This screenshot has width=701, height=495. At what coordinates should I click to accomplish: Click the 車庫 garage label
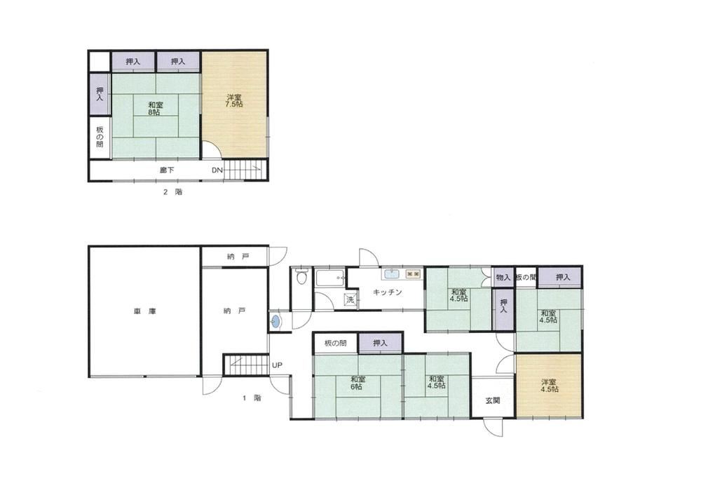pyautogui.click(x=145, y=311)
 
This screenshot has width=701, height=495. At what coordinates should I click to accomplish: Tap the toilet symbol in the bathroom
pyautogui.click(x=301, y=277)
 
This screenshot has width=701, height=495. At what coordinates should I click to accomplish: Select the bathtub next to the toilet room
pyautogui.click(x=330, y=278)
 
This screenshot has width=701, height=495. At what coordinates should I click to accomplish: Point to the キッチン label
pyautogui.click(x=387, y=292)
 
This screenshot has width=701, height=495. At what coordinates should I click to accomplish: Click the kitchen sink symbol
pyautogui.click(x=392, y=273)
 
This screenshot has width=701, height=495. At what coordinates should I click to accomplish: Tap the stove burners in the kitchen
pyautogui.click(x=413, y=273)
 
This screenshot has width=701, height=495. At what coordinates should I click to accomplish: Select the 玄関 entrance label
pyautogui.click(x=492, y=400)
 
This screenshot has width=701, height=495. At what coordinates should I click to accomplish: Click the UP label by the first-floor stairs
pyautogui.click(x=277, y=365)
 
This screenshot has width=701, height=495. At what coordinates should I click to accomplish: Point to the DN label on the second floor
pyautogui.click(x=217, y=170)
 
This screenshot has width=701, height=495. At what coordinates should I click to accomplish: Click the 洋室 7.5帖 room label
pyautogui.click(x=234, y=100)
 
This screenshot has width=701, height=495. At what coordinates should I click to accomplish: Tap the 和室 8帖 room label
pyautogui.click(x=156, y=109)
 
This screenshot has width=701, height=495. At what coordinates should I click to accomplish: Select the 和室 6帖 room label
pyautogui.click(x=358, y=384)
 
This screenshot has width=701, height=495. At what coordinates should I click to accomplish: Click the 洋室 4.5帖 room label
pyautogui.click(x=549, y=386)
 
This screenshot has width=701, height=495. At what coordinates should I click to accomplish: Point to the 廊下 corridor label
pyautogui.click(x=167, y=170)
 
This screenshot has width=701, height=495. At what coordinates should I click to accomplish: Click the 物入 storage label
pyautogui.click(x=503, y=277)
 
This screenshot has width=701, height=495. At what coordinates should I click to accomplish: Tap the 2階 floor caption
pyautogui.click(x=173, y=192)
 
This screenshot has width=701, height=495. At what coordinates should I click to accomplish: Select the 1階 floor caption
pyautogui.click(x=252, y=398)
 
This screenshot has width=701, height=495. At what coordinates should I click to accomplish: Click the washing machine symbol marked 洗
pyautogui.click(x=350, y=300)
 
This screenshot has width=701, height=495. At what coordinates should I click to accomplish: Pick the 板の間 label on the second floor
pyautogui.click(x=100, y=137)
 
